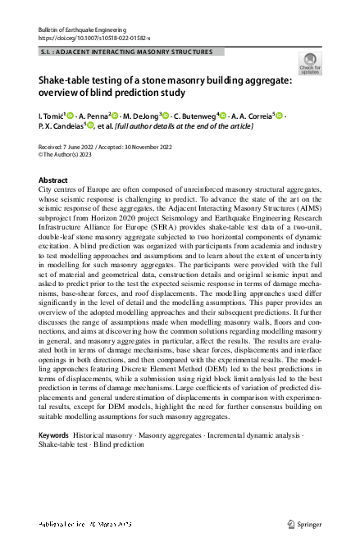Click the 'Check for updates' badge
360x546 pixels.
click(310, 62)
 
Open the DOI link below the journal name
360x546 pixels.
click(83, 38)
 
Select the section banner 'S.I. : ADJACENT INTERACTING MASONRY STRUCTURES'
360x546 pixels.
click(125, 52)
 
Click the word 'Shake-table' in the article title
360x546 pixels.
click(67, 80)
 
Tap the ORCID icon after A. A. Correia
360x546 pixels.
click(279, 115)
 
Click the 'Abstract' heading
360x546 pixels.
click(53, 179)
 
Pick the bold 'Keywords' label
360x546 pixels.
click(54, 434)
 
